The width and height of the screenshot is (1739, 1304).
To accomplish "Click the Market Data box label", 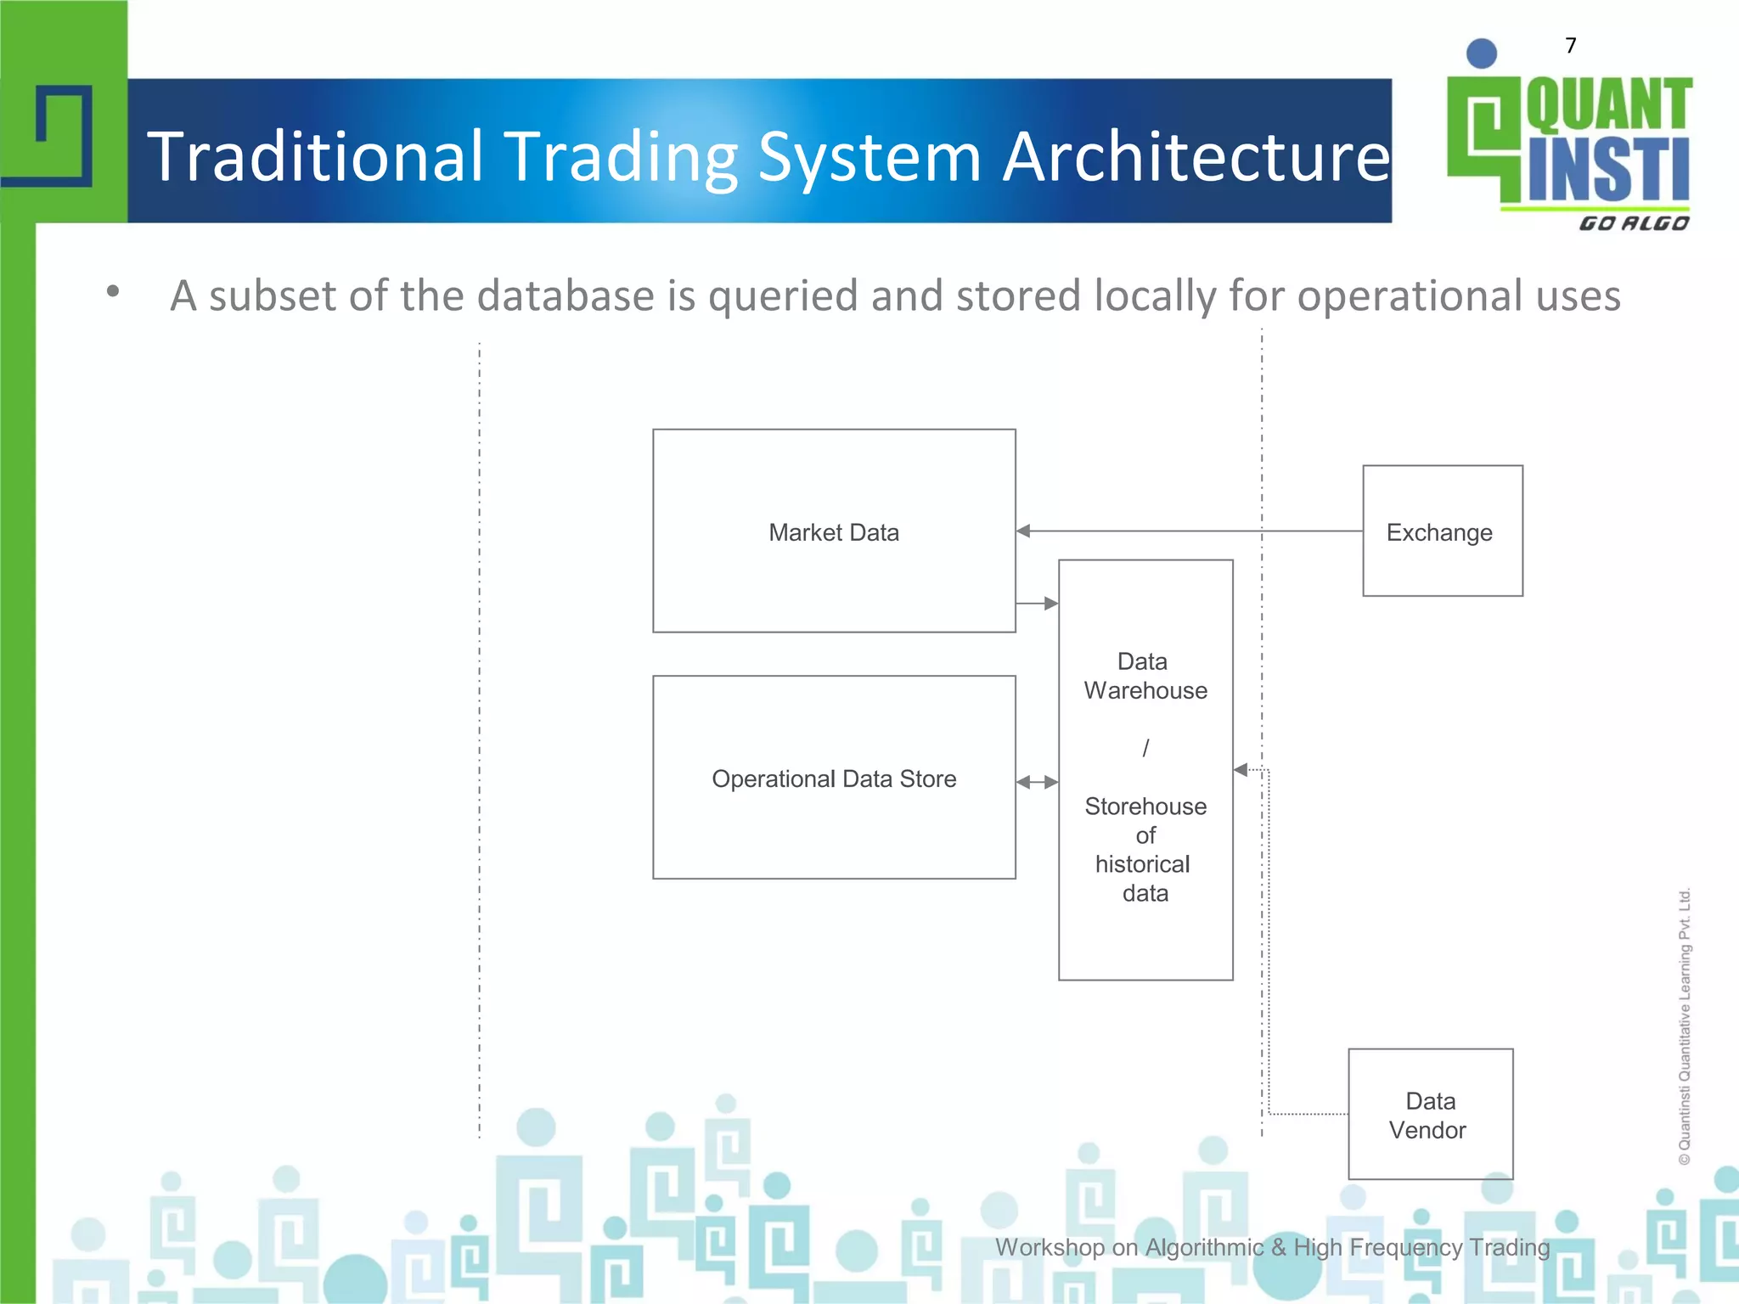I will click(x=833, y=532).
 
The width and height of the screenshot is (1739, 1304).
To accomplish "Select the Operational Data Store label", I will click(x=833, y=778).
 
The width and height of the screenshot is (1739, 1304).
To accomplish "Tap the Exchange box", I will click(x=1442, y=531).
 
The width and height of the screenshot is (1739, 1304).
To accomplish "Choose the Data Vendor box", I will click(x=1430, y=1115).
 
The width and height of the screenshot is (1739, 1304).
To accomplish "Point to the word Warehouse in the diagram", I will click(x=1145, y=691).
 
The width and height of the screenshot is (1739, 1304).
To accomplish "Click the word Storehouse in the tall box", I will click(x=1145, y=806).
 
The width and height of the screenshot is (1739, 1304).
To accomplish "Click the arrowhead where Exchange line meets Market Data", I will click(x=1024, y=531).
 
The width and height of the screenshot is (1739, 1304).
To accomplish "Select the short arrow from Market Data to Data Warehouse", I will click(x=1038, y=604).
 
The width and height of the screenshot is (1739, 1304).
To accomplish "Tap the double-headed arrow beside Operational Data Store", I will click(x=1038, y=782).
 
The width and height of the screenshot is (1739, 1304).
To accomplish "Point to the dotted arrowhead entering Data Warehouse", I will click(x=1241, y=770).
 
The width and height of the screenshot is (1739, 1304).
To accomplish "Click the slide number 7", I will click(x=1571, y=46).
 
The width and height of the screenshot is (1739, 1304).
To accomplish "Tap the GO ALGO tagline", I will click(x=1634, y=223).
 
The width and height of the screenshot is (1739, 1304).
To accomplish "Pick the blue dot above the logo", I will click(x=1482, y=53).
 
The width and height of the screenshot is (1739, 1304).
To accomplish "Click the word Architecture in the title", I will click(x=1196, y=157).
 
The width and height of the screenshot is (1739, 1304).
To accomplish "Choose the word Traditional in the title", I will click(x=316, y=157).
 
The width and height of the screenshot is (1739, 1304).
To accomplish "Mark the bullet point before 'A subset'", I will click(x=113, y=292).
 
